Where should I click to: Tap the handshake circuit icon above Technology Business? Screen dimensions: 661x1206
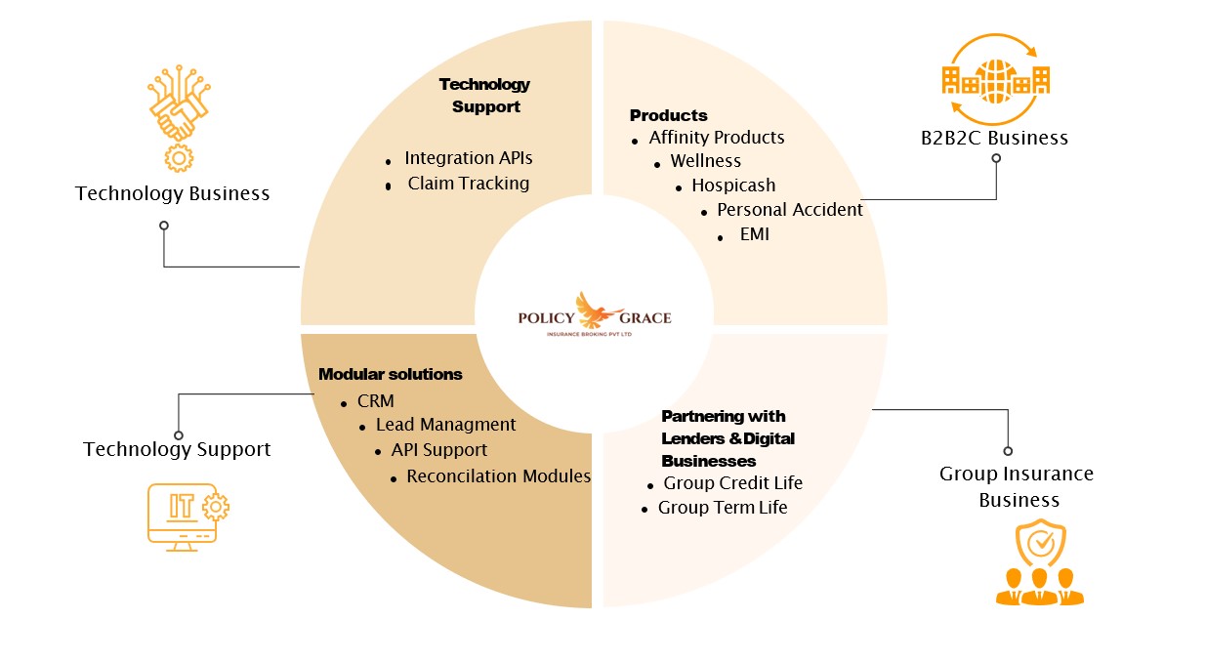178,117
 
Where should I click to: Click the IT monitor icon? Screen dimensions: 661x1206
187,516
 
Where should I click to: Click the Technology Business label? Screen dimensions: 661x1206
173,193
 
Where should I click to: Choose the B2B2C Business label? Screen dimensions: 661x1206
994,138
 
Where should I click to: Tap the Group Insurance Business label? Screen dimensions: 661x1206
1017,486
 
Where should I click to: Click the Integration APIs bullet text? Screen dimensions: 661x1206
469,158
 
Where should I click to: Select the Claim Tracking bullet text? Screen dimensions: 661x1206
469,184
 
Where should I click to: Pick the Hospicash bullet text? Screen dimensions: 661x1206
733,186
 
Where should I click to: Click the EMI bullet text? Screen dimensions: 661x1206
755,234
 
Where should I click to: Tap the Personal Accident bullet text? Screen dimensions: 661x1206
790,210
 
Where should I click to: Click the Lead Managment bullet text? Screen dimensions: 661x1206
445,425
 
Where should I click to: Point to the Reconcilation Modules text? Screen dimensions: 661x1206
499,476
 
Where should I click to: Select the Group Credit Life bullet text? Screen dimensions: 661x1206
732,483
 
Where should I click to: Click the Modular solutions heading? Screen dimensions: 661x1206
391,375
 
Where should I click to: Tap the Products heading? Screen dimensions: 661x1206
669,115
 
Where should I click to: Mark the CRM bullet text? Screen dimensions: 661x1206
376,400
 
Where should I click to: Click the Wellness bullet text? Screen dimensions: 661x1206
705,161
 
